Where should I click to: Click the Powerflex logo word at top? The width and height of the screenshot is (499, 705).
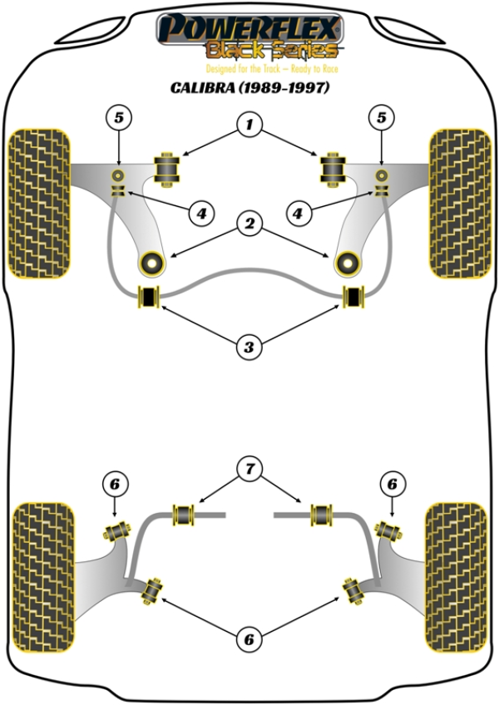249,27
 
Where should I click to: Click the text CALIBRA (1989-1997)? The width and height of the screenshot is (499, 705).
249,87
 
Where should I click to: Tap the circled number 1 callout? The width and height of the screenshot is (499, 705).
249,126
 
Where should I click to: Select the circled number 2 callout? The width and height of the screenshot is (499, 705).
249,223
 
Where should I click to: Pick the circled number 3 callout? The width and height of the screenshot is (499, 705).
249,347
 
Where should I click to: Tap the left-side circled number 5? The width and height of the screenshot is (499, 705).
119,118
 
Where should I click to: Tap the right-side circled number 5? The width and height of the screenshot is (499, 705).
382,118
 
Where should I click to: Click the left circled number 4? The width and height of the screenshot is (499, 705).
201,214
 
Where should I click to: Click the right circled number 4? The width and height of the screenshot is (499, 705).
298,214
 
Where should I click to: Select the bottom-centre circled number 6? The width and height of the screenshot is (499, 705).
249,639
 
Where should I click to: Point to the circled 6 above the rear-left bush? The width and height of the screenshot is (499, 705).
116,483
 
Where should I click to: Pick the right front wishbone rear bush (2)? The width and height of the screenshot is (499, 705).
345,263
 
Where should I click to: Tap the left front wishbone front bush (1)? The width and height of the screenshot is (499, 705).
169,170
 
